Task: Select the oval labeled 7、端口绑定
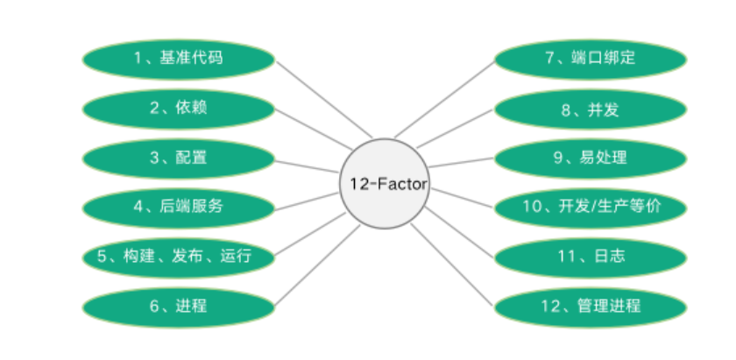pos(590,59)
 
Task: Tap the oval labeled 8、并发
pos(590,109)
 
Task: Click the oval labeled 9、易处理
pos(590,158)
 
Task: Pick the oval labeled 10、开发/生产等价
pos(590,208)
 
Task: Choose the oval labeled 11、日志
pos(590,257)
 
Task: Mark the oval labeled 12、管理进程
pos(590,306)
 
